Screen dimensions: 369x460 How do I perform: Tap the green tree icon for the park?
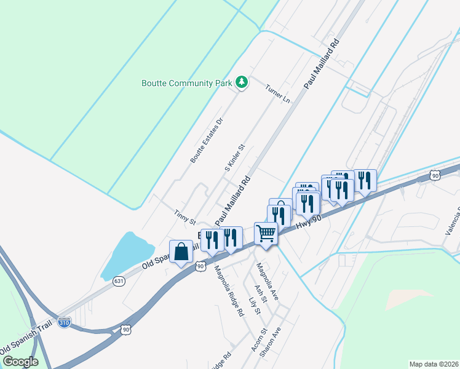pyautogui.click(x=242, y=82)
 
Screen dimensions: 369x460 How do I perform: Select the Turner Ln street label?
pyautogui.click(x=277, y=93)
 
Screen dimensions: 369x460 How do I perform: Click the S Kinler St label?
pyautogui.click(x=234, y=157)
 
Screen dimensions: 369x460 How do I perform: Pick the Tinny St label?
pyautogui.click(x=184, y=216)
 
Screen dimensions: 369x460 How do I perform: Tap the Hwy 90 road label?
pyautogui.click(x=309, y=220)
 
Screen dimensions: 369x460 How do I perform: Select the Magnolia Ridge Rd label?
pyautogui.click(x=228, y=290)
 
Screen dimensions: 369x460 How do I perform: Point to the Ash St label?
pyautogui.click(x=261, y=293)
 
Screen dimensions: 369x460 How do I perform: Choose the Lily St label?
pyautogui.click(x=254, y=307)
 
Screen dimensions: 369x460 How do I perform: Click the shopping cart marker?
pyautogui.click(x=265, y=233)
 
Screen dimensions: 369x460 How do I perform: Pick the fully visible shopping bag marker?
pyautogui.click(x=181, y=252)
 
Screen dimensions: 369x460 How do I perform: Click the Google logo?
pyautogui.click(x=20, y=361)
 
